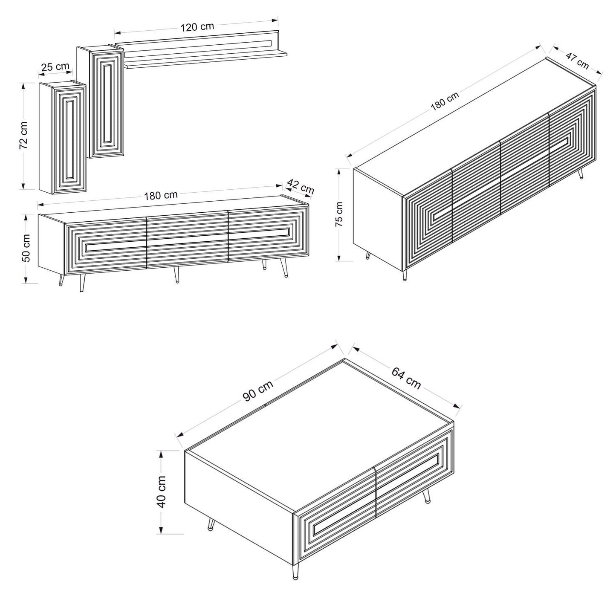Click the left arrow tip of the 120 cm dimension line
click(115, 32)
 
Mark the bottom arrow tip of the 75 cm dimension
click(339, 261)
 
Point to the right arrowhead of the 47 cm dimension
click(602, 74)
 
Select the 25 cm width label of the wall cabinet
click(55, 67)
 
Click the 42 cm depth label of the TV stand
click(301, 187)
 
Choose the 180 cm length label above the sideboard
click(445, 101)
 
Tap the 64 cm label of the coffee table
click(406, 378)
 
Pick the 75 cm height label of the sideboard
click(339, 214)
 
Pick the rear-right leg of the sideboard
click(581, 174)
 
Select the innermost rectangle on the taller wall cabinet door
click(107, 102)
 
